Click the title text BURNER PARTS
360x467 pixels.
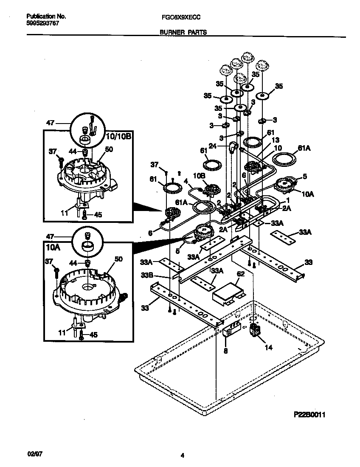point(183,32)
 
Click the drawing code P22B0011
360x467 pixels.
point(311,414)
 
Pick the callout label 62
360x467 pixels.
point(240,275)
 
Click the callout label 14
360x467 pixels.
point(268,347)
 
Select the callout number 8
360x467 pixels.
point(225,351)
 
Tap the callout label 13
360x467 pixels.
point(275,140)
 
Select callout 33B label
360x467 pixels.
point(146,276)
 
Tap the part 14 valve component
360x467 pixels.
point(256,330)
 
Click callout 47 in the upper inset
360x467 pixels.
point(51,123)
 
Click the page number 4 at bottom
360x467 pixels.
point(182,456)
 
